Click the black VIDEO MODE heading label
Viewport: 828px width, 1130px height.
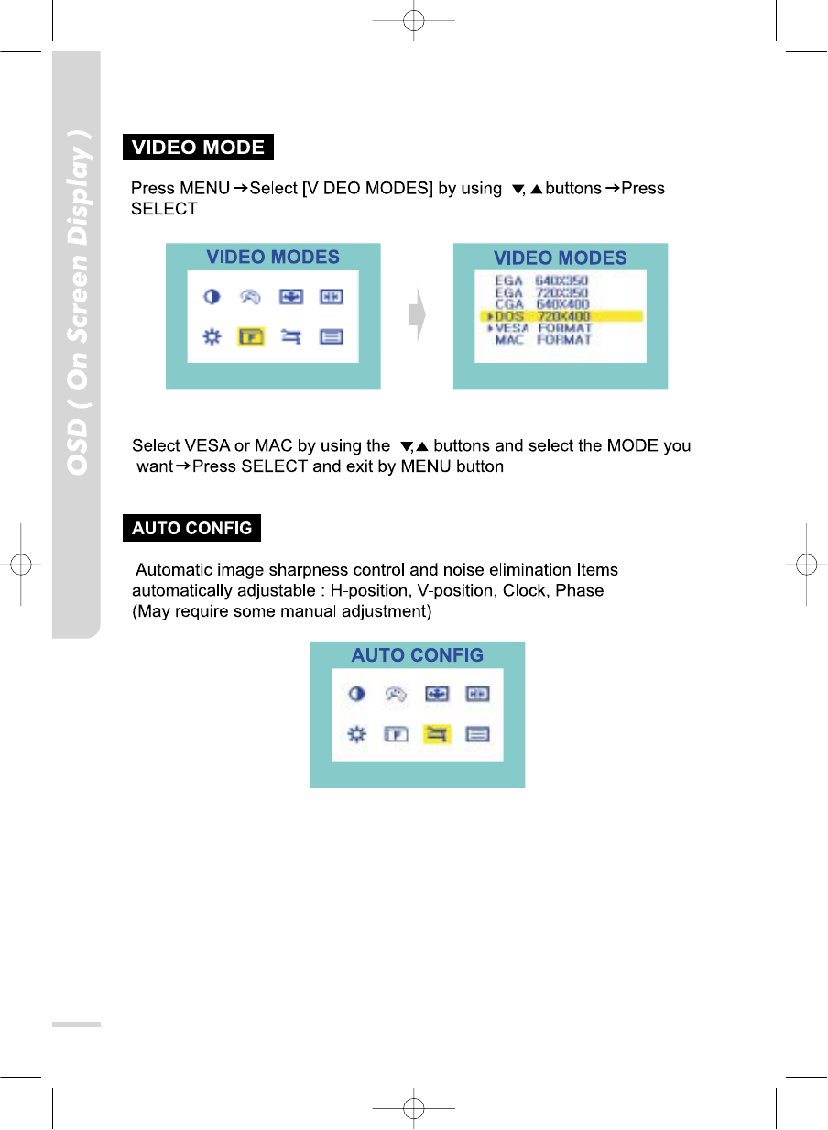pos(199,148)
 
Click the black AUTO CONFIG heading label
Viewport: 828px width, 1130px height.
pos(192,529)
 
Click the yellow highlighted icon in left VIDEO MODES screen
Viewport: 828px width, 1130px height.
pos(251,336)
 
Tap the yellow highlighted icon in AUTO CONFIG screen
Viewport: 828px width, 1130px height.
pos(437,734)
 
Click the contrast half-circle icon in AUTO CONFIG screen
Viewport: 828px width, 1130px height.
pos(356,695)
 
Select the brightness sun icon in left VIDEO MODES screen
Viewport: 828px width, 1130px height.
pos(211,336)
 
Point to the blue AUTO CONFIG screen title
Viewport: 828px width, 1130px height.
pos(417,655)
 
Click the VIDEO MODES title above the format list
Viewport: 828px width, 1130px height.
pos(560,258)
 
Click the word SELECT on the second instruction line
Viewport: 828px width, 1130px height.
pos(164,209)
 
